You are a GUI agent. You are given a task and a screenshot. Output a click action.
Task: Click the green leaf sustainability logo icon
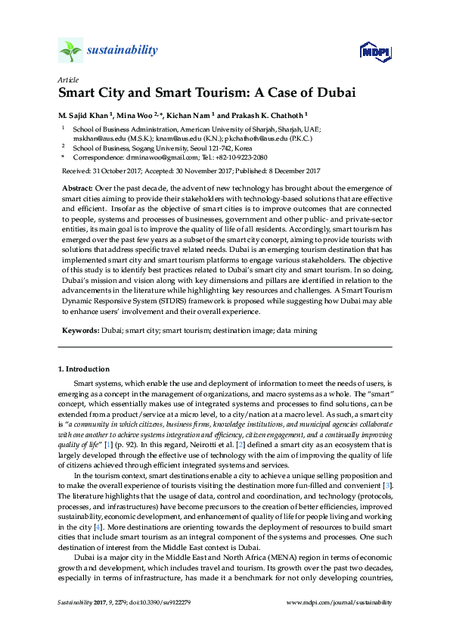70,51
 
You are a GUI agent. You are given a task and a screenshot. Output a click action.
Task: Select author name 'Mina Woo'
134,115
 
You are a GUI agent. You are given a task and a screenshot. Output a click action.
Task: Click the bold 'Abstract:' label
78,187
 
